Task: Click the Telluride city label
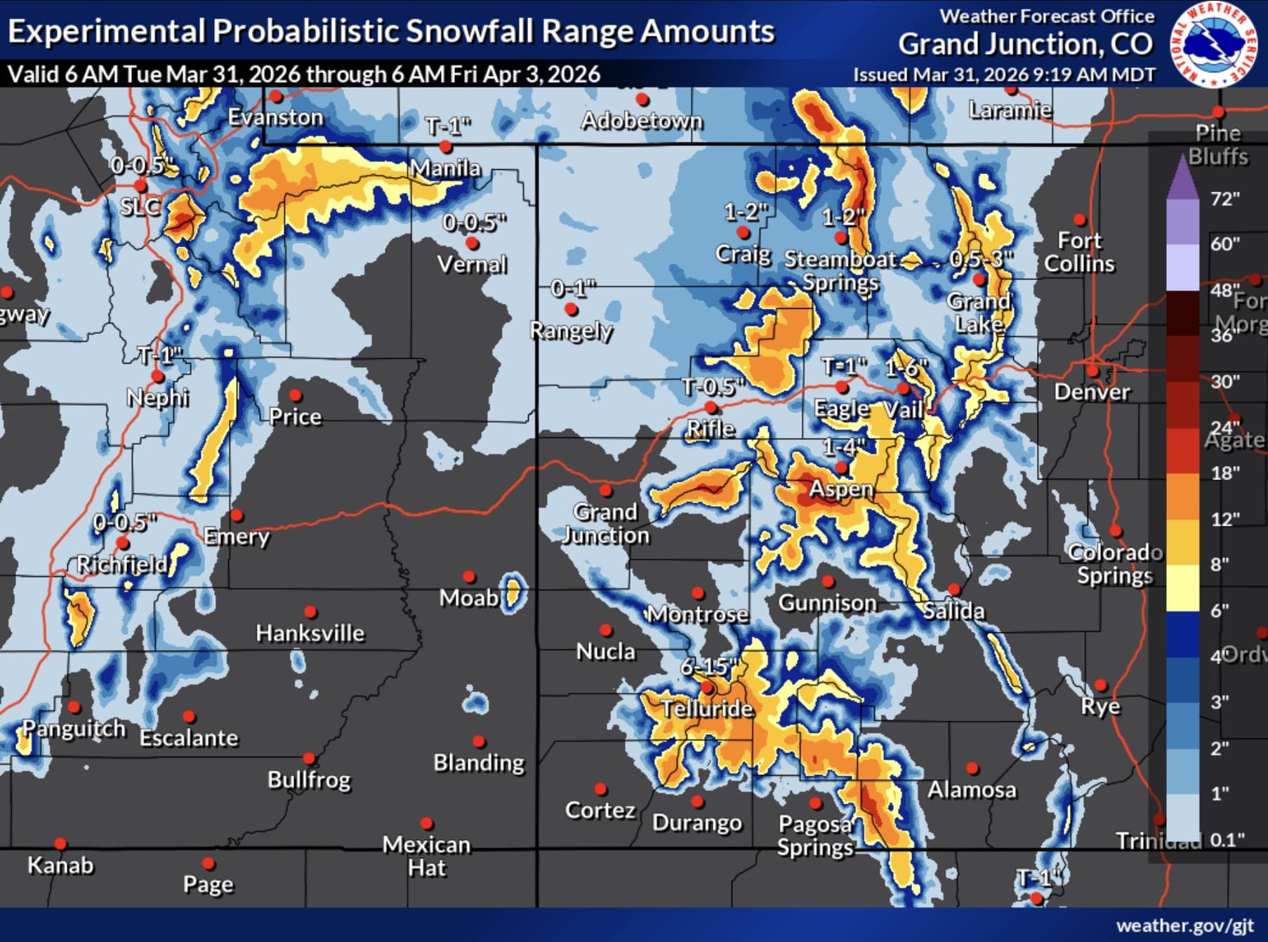707,708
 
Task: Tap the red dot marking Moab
469,577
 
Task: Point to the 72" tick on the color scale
1224,199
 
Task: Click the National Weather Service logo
1214,44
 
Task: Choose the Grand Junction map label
605,524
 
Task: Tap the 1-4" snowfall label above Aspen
844,446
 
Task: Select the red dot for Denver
1092,371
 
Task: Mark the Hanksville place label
310,633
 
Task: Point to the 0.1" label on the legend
1227,840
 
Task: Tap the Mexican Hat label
426,856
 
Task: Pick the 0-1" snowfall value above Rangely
573,288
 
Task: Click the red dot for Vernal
473,243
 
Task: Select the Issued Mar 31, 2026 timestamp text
1004,74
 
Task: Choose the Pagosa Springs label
814,835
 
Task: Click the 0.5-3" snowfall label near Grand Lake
981,258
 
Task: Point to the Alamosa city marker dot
972,769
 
